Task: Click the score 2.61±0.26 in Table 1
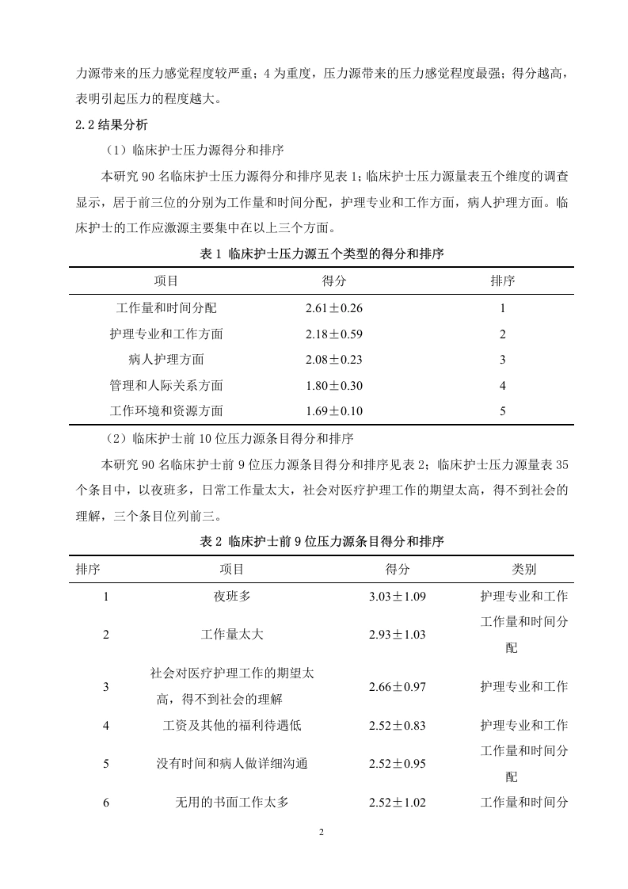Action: pyautogui.click(x=333, y=308)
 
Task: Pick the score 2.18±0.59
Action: pyautogui.click(x=333, y=334)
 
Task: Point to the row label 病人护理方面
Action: pyautogui.click(x=166, y=359)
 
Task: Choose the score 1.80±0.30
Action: pyautogui.click(x=333, y=385)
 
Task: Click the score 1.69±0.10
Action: pyautogui.click(x=333, y=410)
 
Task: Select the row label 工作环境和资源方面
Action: pyautogui.click(x=166, y=410)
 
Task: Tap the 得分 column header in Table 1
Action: pyautogui.click(x=333, y=280)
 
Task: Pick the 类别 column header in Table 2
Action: pyautogui.click(x=523, y=569)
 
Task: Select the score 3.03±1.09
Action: pyautogui.click(x=398, y=596)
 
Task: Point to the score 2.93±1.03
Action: pyautogui.click(x=398, y=635)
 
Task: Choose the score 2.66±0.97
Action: pyautogui.click(x=398, y=686)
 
